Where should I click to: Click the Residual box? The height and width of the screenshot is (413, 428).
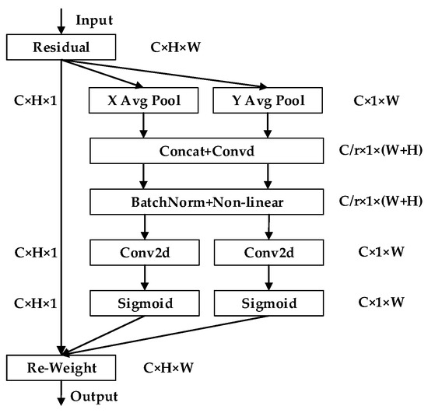[61, 48]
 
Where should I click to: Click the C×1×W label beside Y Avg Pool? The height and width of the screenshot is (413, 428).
[380, 100]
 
